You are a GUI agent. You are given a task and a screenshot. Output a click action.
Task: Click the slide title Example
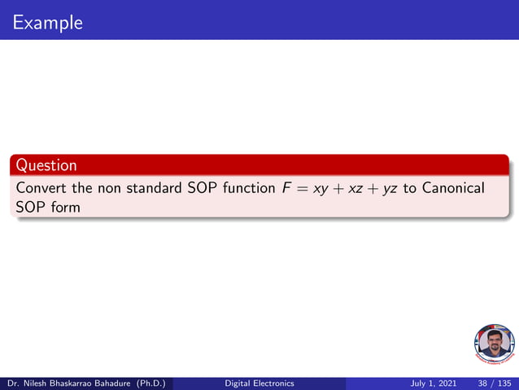pos(48,22)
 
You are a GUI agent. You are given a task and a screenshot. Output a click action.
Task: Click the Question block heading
pos(47,165)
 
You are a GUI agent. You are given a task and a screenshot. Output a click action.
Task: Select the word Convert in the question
pos(41,188)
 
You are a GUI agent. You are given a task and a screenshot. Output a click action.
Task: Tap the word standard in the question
pos(155,188)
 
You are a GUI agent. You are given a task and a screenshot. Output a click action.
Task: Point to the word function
pos(250,188)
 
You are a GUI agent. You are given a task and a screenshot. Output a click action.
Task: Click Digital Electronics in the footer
pos(259,383)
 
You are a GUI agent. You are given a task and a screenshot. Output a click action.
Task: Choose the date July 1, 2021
pos(433,383)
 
